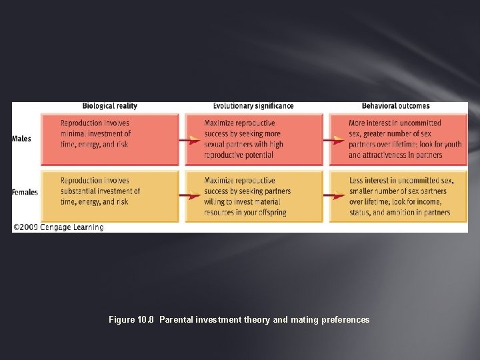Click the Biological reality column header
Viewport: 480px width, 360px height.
tap(109, 106)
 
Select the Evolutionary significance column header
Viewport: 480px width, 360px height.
tap(253, 106)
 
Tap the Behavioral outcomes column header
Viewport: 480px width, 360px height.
tap(395, 106)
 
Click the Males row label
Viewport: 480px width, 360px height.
tap(21, 139)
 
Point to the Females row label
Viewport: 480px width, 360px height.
tap(25, 192)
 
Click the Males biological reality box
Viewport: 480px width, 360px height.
tap(110, 139)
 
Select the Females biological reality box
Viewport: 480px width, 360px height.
tap(110, 195)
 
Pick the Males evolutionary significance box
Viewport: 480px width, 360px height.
tap(255, 139)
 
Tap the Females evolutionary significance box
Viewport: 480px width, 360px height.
tap(255, 195)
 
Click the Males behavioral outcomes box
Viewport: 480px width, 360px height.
tap(399, 139)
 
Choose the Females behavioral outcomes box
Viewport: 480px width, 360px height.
tap(399, 195)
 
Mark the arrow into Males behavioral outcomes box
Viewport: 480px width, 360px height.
tap(334, 140)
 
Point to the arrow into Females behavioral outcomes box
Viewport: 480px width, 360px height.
tap(334, 196)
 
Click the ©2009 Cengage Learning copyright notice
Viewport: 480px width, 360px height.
tap(58, 227)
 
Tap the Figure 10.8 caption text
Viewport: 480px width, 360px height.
tap(239, 320)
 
